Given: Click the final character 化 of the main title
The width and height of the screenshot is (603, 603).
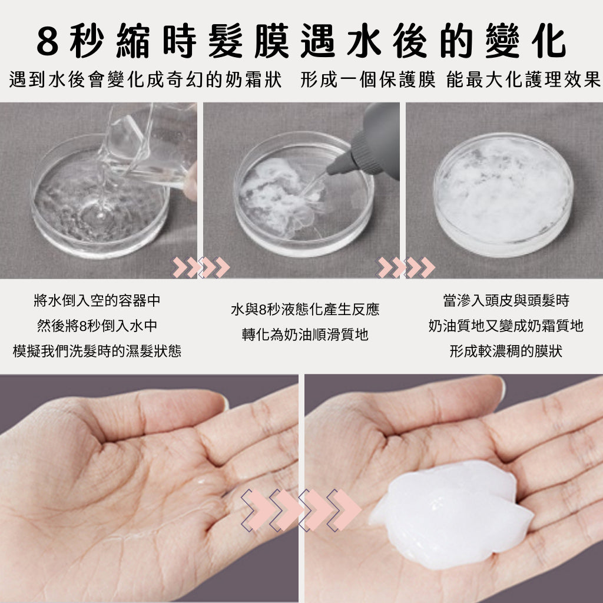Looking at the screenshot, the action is click(x=548, y=41).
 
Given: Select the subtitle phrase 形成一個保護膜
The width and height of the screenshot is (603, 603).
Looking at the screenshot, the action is click(x=368, y=79).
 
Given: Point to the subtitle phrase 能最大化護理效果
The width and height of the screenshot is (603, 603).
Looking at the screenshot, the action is click(x=524, y=79).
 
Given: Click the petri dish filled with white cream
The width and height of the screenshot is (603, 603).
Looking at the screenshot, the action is click(x=503, y=194).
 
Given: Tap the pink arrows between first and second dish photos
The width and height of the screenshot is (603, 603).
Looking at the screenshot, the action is click(x=200, y=267).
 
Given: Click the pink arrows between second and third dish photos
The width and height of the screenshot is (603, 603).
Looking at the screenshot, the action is click(x=405, y=267).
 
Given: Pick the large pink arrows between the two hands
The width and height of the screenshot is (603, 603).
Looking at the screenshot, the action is click(x=301, y=511).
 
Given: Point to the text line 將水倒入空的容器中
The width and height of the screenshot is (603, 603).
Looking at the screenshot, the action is click(x=97, y=300).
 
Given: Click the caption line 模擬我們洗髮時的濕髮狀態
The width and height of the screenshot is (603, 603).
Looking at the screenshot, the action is click(x=97, y=351).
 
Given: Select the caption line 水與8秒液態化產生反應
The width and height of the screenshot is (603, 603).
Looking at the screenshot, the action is click(x=305, y=309).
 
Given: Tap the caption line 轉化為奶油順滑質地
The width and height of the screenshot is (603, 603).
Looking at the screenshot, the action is click(x=305, y=334).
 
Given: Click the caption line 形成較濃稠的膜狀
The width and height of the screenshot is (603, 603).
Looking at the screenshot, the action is click(x=506, y=351).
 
